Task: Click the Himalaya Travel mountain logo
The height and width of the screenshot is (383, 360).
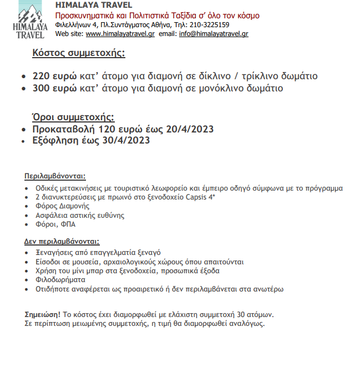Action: coord(27,19)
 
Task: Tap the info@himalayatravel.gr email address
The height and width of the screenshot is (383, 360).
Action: coord(214,34)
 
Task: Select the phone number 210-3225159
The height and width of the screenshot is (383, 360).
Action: coord(210,25)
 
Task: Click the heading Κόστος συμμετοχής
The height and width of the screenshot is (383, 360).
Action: coord(78,53)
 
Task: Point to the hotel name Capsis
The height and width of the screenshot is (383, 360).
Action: coord(209,197)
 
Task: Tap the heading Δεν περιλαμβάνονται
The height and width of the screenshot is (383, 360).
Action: coord(62,242)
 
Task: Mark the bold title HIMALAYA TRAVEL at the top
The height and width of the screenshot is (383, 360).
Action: coord(94,6)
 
